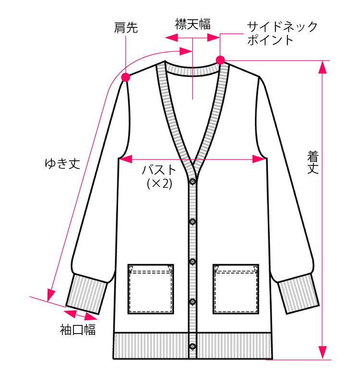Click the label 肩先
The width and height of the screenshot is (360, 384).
tap(126, 28)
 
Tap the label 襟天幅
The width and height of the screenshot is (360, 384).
tap(192, 24)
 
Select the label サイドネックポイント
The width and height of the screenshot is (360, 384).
tap(282, 33)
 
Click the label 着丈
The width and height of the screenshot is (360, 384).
tap(313, 162)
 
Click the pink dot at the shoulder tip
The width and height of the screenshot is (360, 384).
tap(126, 77)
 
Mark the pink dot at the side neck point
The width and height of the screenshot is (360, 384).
tap(220, 60)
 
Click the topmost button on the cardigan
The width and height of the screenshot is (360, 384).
tap(193, 181)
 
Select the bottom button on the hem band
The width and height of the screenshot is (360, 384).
tap(193, 346)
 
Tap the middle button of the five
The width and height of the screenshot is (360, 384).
tap(193, 262)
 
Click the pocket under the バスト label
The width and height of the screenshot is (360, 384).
tap(150, 289)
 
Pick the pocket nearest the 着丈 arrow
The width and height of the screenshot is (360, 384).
tap(236, 289)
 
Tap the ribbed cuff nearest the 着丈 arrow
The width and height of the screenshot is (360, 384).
tap(298, 294)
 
